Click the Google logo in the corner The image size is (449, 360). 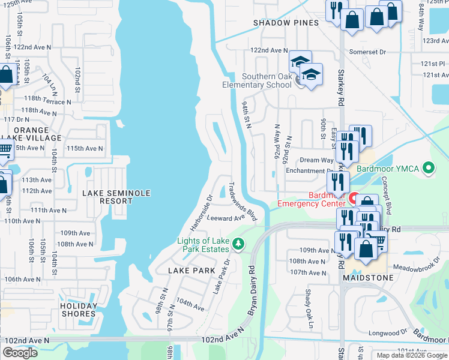click(x=20, y=353)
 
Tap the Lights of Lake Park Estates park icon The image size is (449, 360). click(x=239, y=243)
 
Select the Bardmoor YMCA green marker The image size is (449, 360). click(x=428, y=169)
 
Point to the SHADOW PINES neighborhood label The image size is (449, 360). click(x=277, y=23)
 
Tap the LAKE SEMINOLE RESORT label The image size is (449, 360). click(x=116, y=197)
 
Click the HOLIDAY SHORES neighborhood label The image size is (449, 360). click(x=78, y=309)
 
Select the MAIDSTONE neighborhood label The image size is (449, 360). click(x=368, y=278)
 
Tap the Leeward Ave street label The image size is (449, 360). click(x=226, y=218)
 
